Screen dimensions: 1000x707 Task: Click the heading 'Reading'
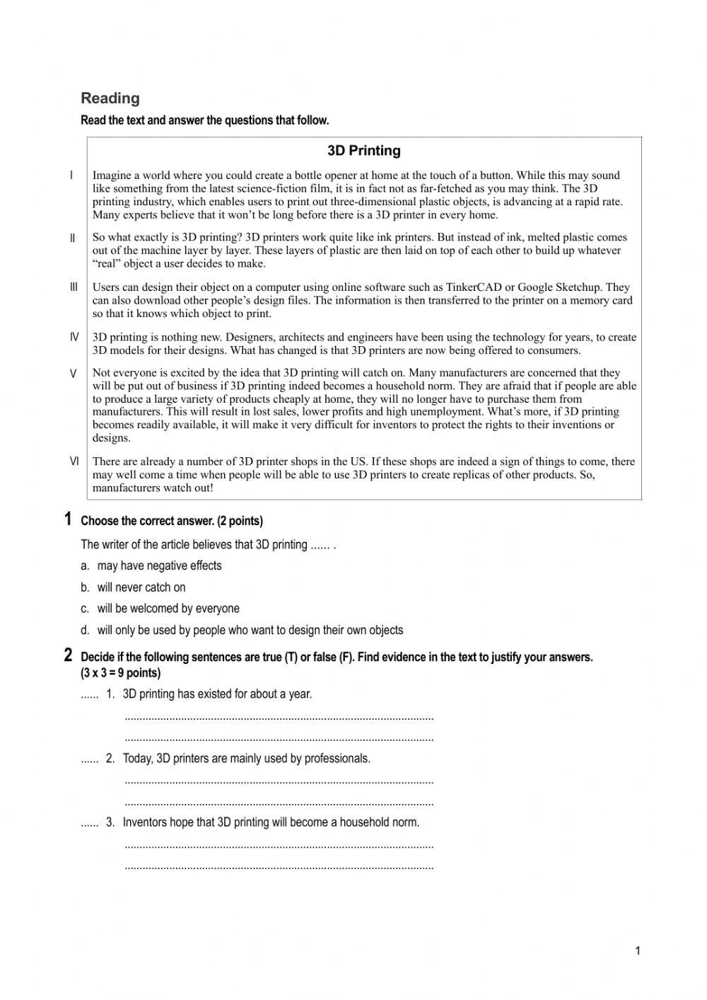[x=110, y=98]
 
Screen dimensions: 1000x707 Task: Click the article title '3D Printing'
[x=363, y=151]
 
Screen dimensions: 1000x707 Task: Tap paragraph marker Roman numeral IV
[x=74, y=338]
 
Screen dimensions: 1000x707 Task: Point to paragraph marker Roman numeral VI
[x=74, y=461]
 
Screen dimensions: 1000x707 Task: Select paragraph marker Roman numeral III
[x=74, y=287]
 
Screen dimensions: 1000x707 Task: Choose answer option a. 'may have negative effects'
[x=159, y=565]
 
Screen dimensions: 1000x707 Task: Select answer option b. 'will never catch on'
[x=141, y=587]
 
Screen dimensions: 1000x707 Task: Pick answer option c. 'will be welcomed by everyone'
[x=168, y=609]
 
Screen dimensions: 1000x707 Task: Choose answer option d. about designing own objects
[x=250, y=630]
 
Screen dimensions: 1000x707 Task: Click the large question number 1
[x=68, y=519]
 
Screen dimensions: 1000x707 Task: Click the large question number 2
[x=68, y=655]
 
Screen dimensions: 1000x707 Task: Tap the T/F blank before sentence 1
[x=89, y=695]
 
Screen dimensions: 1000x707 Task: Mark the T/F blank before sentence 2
[x=89, y=759]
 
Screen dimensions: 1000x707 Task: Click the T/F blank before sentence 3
[x=89, y=823]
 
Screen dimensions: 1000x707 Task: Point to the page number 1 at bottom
[x=637, y=950]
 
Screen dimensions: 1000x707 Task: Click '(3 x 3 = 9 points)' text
[x=121, y=673]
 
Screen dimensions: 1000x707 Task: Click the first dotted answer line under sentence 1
[x=279, y=718]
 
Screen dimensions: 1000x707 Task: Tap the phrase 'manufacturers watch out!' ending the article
[x=153, y=488]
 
